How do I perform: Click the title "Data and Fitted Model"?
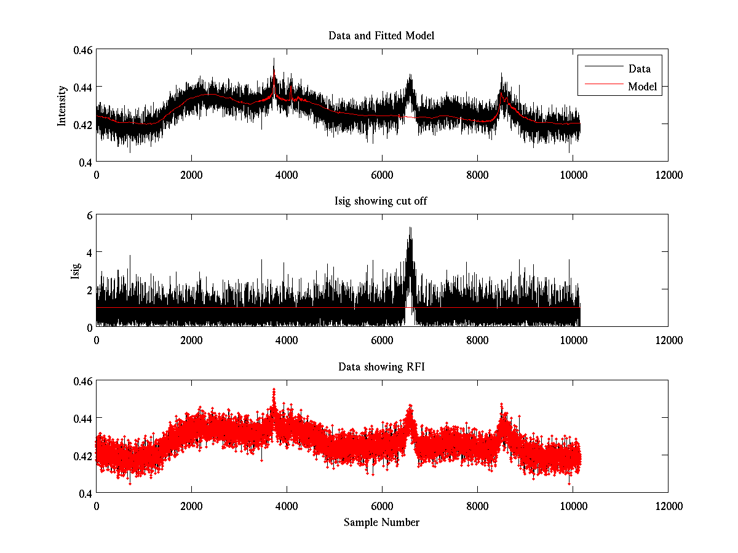point(381,36)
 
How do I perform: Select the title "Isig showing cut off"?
point(381,202)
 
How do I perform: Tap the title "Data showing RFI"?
point(381,367)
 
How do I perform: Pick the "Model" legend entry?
point(642,87)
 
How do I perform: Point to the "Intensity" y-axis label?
point(62,106)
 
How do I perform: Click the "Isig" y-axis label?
point(76,271)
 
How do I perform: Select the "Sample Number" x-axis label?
point(381,522)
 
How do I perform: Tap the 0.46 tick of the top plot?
point(82,50)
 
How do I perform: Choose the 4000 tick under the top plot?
point(287,174)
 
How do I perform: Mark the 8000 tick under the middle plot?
point(477,340)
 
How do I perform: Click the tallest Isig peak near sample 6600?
point(410,228)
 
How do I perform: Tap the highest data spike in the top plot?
point(274,59)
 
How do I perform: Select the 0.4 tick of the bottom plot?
point(85,493)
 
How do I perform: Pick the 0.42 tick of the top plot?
point(82,124)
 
